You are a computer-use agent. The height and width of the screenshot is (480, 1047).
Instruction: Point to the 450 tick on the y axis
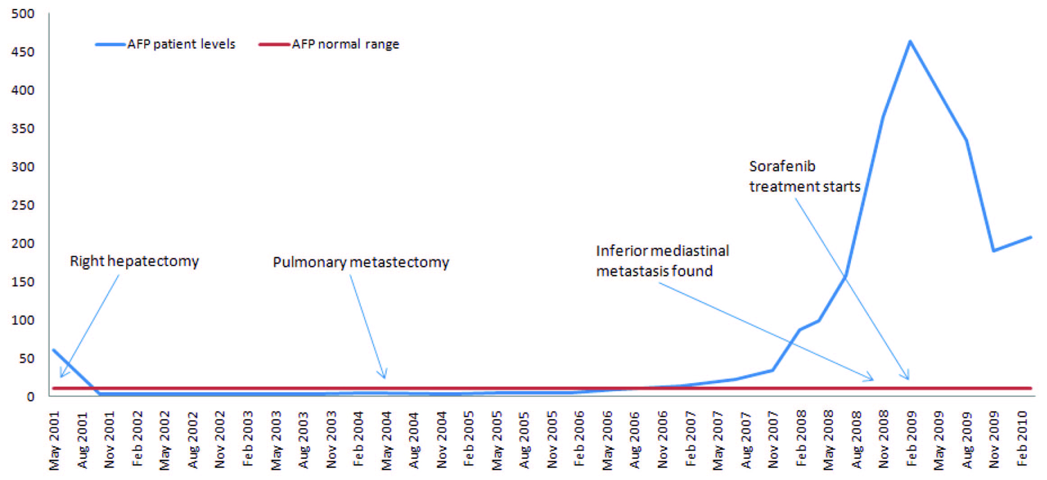[23, 52]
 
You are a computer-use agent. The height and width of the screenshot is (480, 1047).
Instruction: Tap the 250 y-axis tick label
[23, 205]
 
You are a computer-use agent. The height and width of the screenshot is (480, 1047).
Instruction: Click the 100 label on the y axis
[23, 320]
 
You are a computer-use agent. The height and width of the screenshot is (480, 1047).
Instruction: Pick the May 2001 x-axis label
[55, 441]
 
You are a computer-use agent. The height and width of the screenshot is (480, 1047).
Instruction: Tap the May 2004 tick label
[387, 441]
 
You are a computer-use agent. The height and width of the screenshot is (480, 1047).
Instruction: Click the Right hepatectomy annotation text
[134, 261]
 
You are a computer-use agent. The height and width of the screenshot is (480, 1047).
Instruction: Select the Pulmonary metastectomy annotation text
[360, 262]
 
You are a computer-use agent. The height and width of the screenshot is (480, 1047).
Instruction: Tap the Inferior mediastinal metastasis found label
[662, 261]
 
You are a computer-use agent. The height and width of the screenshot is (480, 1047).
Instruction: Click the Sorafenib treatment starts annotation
[804, 176]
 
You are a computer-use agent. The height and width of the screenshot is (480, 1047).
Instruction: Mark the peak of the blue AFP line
[910, 41]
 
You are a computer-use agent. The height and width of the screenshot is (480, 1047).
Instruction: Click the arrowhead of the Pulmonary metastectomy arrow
[385, 377]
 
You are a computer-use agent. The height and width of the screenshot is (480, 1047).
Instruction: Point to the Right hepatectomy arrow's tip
[61, 377]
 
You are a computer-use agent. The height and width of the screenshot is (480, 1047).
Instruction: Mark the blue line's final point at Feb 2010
[1030, 238]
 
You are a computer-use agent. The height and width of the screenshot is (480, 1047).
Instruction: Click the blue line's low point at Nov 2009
[994, 251]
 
